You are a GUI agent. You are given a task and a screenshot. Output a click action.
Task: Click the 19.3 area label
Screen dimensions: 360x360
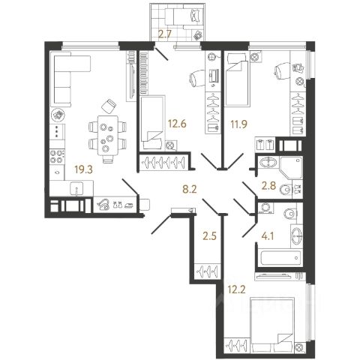(x=83, y=169)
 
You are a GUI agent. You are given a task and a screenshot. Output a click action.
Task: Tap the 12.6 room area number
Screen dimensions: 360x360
(x=177, y=124)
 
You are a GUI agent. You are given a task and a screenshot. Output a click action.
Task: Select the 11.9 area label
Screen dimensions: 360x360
(x=238, y=124)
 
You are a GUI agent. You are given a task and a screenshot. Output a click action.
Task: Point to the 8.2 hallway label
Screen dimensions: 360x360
(x=190, y=189)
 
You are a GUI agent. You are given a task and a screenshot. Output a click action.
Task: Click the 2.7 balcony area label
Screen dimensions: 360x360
(x=165, y=34)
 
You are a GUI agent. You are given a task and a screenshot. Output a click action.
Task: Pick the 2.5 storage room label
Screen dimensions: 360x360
(x=209, y=236)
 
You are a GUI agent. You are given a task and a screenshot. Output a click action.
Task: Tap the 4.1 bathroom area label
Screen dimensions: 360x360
(x=267, y=236)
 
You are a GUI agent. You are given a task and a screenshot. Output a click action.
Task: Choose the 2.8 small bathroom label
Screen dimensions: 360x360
(x=268, y=186)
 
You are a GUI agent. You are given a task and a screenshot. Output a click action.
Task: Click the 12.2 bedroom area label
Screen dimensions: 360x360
(x=236, y=289)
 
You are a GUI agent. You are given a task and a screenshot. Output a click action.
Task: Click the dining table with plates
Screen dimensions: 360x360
(x=107, y=135)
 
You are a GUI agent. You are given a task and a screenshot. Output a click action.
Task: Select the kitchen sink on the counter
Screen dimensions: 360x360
(x=77, y=188)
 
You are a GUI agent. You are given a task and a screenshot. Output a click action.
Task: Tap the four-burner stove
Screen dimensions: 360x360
(x=56, y=156)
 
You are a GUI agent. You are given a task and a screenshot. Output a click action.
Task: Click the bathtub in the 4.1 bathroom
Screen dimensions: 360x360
(x=280, y=257)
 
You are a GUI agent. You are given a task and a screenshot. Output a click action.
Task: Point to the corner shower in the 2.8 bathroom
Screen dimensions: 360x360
(x=292, y=167)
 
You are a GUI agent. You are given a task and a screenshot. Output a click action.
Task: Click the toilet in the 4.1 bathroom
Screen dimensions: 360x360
(x=291, y=214)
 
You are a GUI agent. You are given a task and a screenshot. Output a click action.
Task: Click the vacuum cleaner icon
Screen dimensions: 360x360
(x=103, y=205)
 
